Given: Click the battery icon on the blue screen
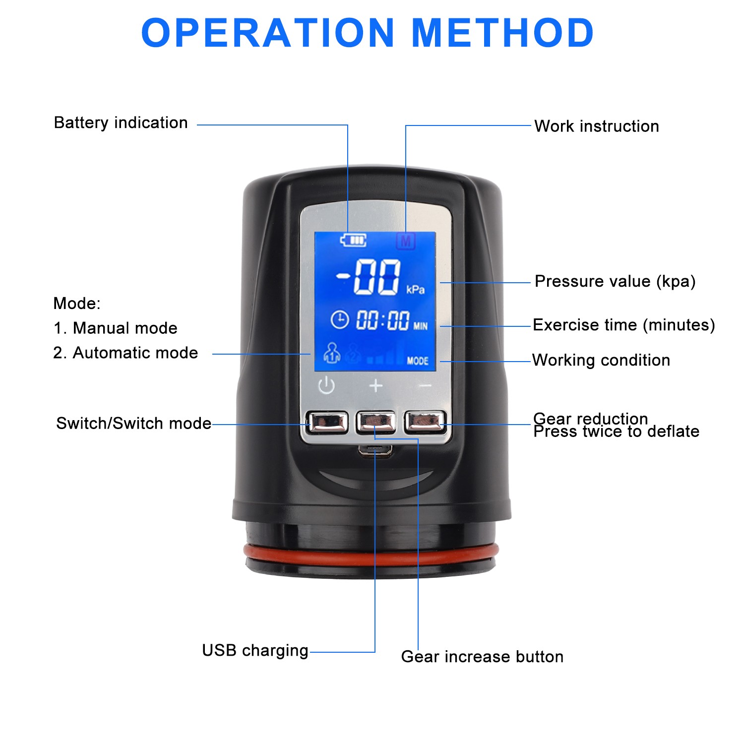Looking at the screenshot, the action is (x=353, y=241).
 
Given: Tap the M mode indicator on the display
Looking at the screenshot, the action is (x=406, y=242).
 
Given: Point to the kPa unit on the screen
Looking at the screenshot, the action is (x=415, y=289).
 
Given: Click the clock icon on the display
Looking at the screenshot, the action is (x=340, y=319).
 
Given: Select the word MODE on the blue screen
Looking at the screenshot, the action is (x=418, y=361).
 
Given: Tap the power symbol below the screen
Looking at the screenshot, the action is (x=326, y=385).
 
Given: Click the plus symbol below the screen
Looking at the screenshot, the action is (x=376, y=385).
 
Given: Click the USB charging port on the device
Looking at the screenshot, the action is (x=375, y=450).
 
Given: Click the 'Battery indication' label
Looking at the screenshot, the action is (x=121, y=123).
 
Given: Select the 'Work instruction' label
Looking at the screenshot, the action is (x=597, y=126).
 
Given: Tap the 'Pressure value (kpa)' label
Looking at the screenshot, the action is (x=615, y=281).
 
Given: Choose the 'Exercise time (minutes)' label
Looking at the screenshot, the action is (x=623, y=325).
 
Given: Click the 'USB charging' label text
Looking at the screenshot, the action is (x=255, y=650).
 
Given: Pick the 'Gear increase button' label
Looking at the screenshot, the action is (x=482, y=657).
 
